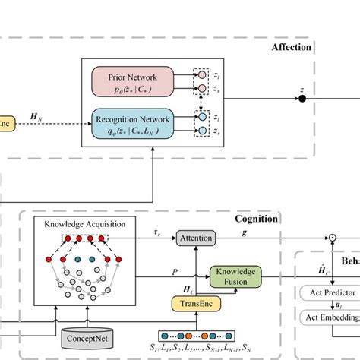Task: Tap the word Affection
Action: click(292, 47)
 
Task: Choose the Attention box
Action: click(195, 238)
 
